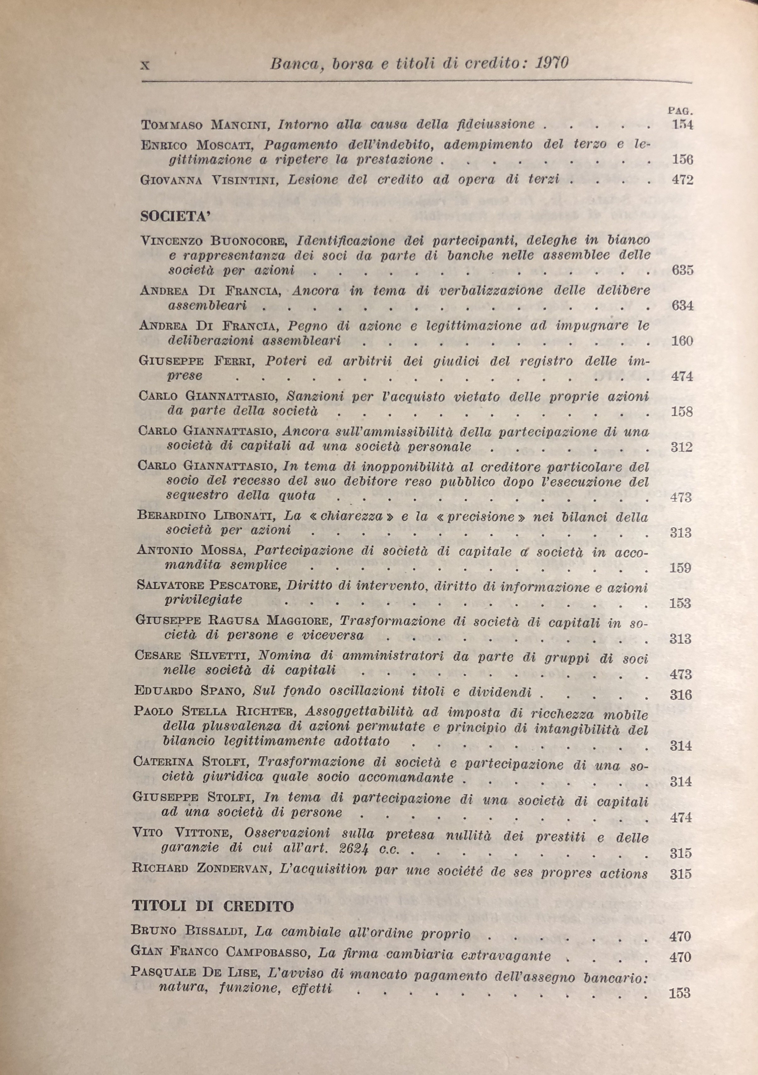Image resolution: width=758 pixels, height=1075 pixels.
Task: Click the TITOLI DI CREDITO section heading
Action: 213,906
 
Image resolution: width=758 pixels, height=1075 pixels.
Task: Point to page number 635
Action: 682,270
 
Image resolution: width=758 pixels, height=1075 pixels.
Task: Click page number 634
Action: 682,306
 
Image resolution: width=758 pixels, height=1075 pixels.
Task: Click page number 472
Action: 682,180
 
